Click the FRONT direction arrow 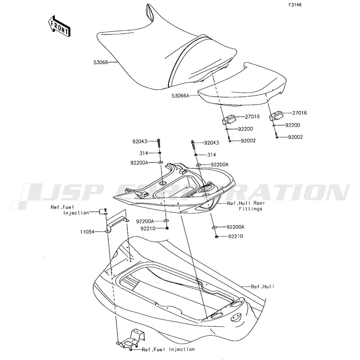click(59, 27)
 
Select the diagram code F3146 click(295, 5)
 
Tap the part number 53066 click(100, 63)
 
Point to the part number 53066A click(180, 95)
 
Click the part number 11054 click(87, 232)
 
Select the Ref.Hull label click(262, 287)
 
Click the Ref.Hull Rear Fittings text click(246, 206)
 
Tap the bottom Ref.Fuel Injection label click(168, 350)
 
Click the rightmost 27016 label click(299, 113)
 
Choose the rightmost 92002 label click(296, 137)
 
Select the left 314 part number click(144, 153)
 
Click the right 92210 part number click(235, 236)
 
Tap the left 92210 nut click(167, 228)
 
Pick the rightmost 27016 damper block click(276, 116)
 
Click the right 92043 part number click(211, 143)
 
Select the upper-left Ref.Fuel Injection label click(70, 210)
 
